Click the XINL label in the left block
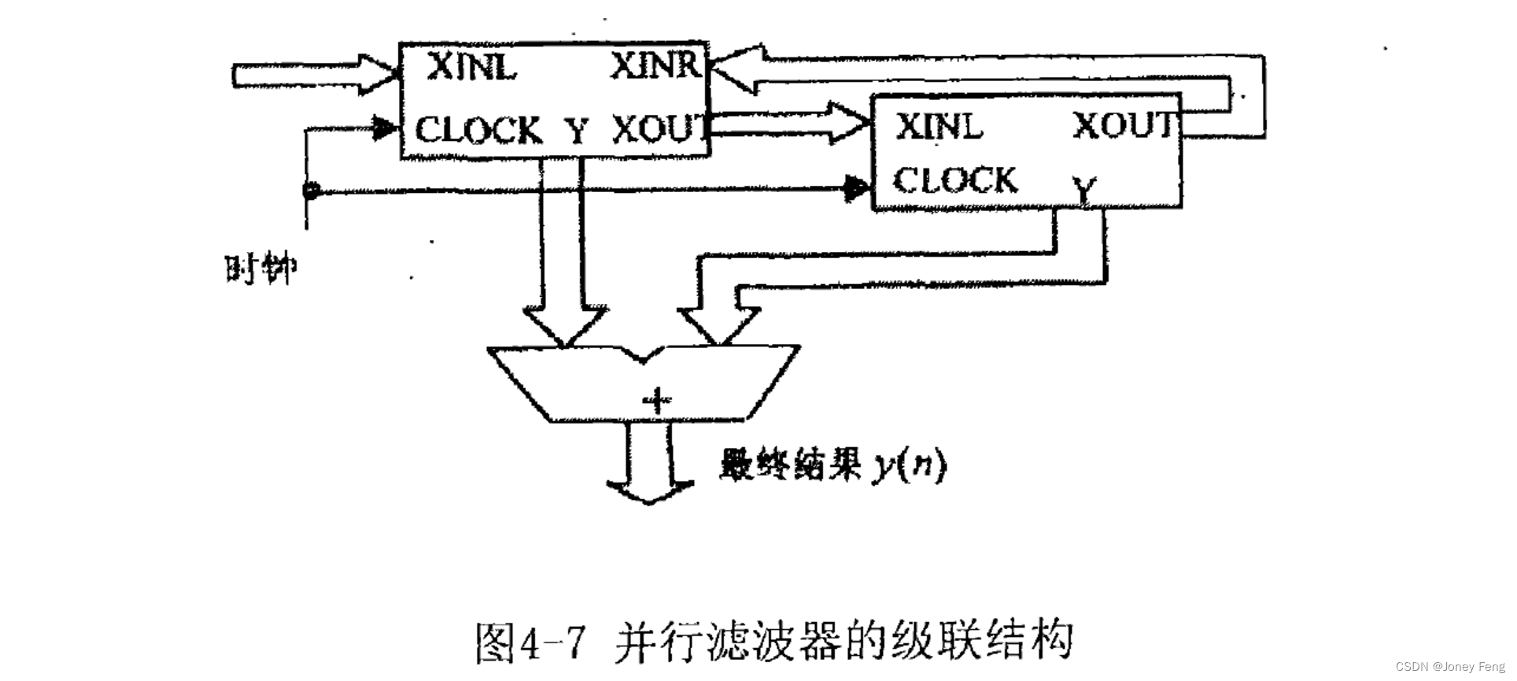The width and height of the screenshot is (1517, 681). coord(471,68)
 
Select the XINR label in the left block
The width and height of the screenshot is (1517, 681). coord(655,65)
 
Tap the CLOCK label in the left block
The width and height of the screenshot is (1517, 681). coord(478,130)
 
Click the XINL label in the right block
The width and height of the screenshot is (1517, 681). coord(939,127)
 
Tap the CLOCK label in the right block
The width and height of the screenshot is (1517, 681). coord(955,180)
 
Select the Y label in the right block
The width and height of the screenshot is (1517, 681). coord(1085,190)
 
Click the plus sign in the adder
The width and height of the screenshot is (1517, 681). coord(655,402)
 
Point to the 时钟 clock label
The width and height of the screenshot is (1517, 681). coord(260,270)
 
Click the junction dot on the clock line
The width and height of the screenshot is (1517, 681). coord(312,191)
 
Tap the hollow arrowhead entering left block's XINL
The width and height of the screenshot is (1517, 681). coord(380,75)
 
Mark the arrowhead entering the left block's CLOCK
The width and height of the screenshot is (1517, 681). coord(384,128)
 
